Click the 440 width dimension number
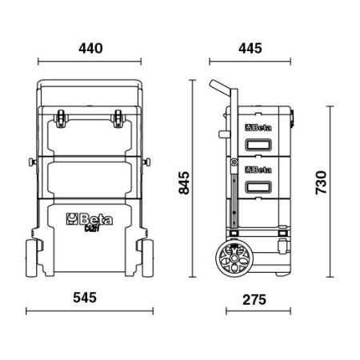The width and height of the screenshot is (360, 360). click(90, 48)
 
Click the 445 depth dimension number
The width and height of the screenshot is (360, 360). click(250, 48)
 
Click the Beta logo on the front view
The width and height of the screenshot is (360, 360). click(90, 218)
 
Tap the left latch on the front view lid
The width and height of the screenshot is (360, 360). click(61, 120)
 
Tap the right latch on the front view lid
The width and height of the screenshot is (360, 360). click(119, 120)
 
